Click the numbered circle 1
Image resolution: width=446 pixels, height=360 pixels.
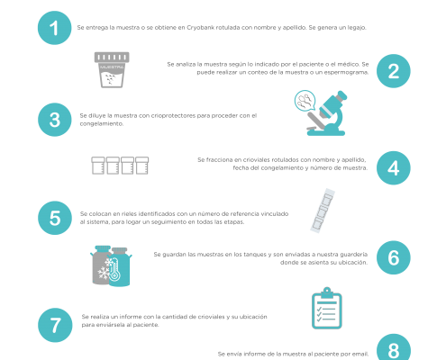point(55,28)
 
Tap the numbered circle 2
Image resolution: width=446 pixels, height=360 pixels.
point(394,71)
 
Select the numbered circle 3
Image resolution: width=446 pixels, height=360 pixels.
point(55,120)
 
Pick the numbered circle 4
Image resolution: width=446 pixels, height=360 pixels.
point(394,168)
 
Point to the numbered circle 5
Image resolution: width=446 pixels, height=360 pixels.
point(55,218)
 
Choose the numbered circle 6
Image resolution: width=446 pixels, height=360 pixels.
point(394,257)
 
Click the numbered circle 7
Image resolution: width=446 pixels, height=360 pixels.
point(55,325)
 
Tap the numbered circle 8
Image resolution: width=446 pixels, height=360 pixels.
point(394,348)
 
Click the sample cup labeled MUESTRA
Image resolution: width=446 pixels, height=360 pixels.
point(112,70)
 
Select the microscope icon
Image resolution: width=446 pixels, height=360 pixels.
point(327,113)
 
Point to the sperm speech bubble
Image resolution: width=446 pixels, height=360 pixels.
point(305,101)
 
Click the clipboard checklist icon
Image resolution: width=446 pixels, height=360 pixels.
point(327,308)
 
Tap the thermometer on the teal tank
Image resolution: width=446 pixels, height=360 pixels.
point(114,270)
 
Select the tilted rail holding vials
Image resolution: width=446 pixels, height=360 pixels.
point(323,211)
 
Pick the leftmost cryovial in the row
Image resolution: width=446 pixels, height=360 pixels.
point(98,166)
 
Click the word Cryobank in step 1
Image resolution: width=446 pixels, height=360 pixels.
point(200,28)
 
